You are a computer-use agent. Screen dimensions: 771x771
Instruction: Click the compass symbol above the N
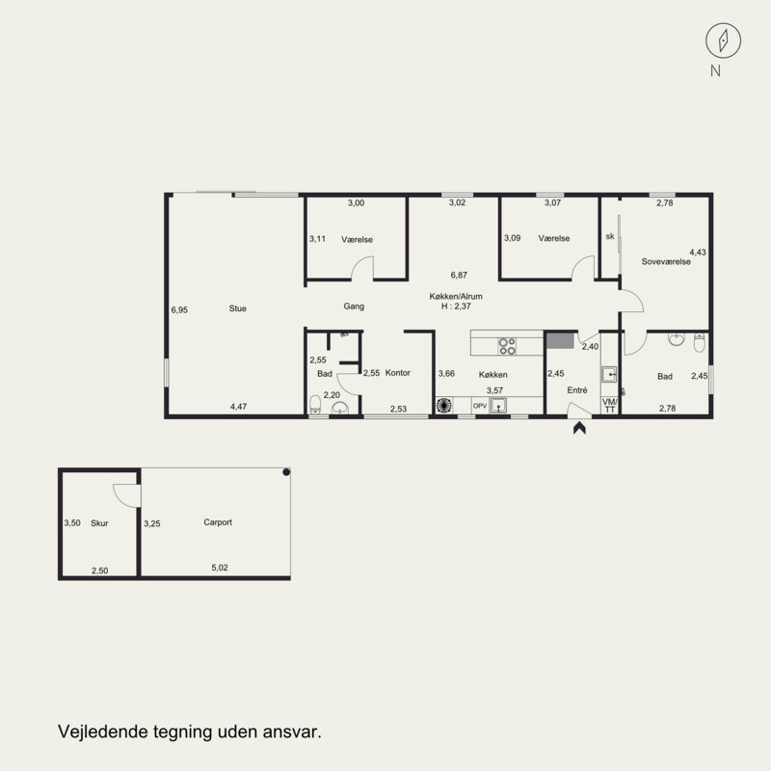tap(723, 40)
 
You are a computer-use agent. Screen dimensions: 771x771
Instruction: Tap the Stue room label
tap(237, 308)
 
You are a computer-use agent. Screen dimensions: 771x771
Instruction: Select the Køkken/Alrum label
tap(456, 296)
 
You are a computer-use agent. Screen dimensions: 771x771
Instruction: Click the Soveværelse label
tap(666, 261)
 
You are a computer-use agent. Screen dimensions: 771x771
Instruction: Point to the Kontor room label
tap(397, 373)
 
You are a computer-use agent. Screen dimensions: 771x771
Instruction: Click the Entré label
tap(576, 390)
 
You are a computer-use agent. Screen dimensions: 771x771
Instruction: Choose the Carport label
tap(218, 522)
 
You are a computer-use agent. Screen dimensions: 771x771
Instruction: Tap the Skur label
tap(99, 523)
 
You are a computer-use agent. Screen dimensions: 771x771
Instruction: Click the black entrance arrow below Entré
tap(579, 428)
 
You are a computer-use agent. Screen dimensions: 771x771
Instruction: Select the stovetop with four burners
tap(507, 346)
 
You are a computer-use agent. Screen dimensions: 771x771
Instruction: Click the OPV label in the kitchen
tap(479, 406)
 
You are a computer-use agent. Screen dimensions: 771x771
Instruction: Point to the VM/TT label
tap(610, 405)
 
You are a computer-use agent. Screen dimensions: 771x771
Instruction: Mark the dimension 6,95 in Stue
tap(179, 309)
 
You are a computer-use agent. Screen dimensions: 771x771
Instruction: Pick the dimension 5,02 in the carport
tap(220, 568)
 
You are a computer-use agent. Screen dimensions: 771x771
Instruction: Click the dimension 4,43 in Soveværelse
tap(697, 253)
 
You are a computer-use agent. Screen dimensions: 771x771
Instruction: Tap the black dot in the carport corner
tap(286, 472)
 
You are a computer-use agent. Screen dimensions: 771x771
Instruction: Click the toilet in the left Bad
tap(315, 405)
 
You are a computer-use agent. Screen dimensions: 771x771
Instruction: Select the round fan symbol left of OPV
tap(444, 405)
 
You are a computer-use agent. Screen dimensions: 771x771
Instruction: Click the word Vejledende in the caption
tap(103, 731)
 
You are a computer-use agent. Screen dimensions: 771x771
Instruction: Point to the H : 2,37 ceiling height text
tap(456, 306)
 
